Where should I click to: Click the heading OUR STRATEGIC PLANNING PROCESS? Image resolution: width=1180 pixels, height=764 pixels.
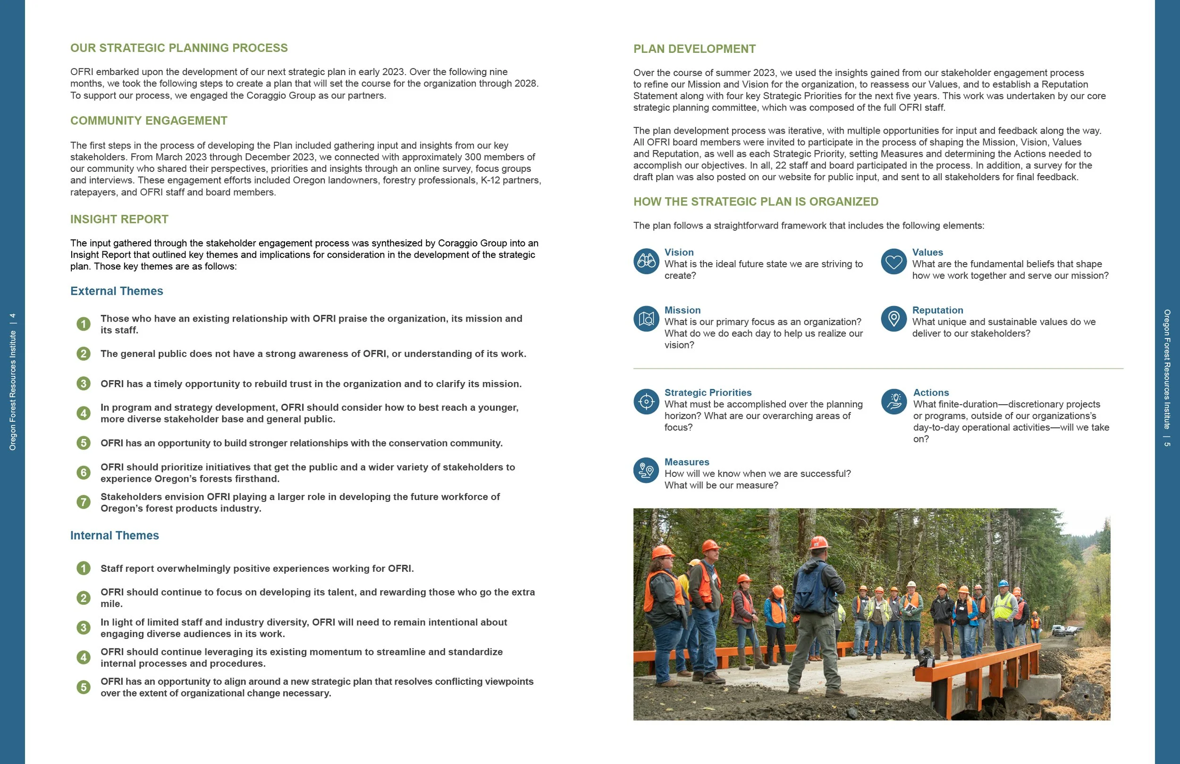(178, 48)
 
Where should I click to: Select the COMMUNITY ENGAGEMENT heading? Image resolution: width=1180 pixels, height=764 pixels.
(149, 120)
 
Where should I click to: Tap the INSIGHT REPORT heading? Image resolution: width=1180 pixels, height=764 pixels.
(119, 219)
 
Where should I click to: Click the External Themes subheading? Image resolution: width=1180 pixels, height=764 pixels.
(117, 291)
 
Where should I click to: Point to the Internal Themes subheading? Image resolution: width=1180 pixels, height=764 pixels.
(115, 535)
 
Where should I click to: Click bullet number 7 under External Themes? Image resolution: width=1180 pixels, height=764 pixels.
(83, 502)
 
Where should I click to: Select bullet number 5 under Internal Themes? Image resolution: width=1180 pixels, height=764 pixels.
(83, 687)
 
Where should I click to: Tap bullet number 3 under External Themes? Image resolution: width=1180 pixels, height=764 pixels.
(83, 383)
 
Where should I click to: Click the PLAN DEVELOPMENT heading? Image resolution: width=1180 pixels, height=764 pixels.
(694, 49)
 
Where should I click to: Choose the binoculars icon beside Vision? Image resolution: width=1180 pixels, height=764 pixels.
(646, 261)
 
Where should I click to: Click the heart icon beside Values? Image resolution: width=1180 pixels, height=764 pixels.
(893, 261)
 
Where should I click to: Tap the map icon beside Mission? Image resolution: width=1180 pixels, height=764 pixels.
(646, 319)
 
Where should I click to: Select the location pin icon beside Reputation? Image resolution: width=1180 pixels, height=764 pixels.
(893, 319)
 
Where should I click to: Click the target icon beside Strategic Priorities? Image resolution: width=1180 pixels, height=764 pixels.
(646, 401)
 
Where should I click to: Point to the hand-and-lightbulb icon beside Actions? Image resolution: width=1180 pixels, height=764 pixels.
(893, 401)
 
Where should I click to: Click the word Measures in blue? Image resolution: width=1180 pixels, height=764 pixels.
(687, 462)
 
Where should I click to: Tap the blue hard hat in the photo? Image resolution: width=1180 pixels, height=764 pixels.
(1003, 584)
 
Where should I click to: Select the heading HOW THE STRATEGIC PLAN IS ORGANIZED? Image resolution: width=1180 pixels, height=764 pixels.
(756, 202)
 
